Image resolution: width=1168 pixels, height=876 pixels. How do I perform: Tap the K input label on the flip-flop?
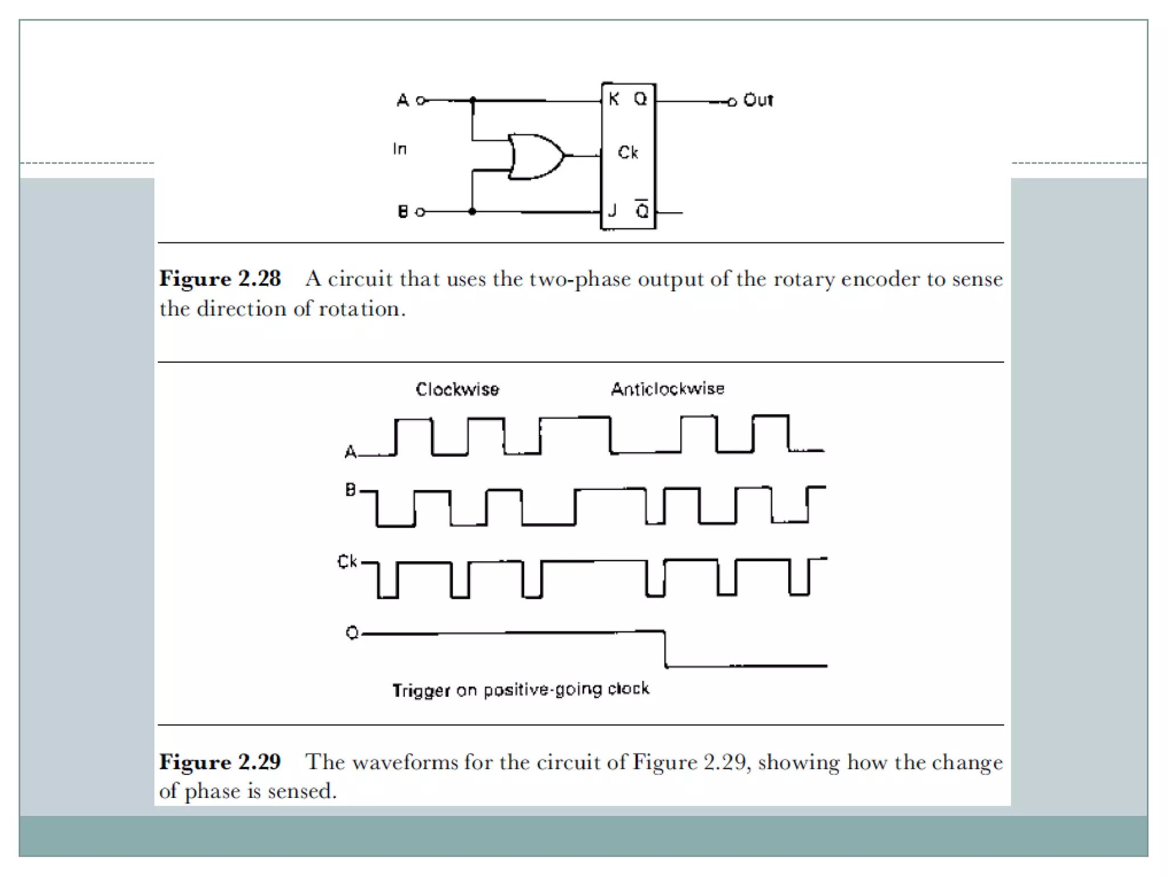614,99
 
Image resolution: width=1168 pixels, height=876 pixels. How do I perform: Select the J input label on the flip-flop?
613,211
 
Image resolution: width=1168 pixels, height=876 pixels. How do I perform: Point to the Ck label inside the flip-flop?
628,152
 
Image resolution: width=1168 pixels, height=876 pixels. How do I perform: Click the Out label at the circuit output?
758,100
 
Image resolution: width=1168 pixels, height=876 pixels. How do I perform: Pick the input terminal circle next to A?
421,101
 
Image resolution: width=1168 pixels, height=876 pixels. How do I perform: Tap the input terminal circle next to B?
420,212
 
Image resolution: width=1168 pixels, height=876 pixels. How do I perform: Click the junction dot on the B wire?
472,212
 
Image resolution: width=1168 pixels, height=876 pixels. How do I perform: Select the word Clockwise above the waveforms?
457,390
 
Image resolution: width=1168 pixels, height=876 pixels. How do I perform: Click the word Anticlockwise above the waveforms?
668,389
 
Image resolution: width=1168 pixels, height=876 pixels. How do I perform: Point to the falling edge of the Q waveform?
665,648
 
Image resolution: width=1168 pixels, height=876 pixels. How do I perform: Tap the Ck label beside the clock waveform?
347,562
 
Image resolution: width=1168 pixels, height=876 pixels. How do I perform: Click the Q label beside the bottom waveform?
352,633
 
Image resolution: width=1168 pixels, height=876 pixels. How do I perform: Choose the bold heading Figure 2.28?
220,279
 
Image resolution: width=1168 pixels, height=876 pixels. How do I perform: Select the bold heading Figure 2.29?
220,762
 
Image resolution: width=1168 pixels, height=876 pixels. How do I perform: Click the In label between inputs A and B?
400,149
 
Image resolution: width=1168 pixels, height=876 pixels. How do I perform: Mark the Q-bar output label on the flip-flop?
642,210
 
